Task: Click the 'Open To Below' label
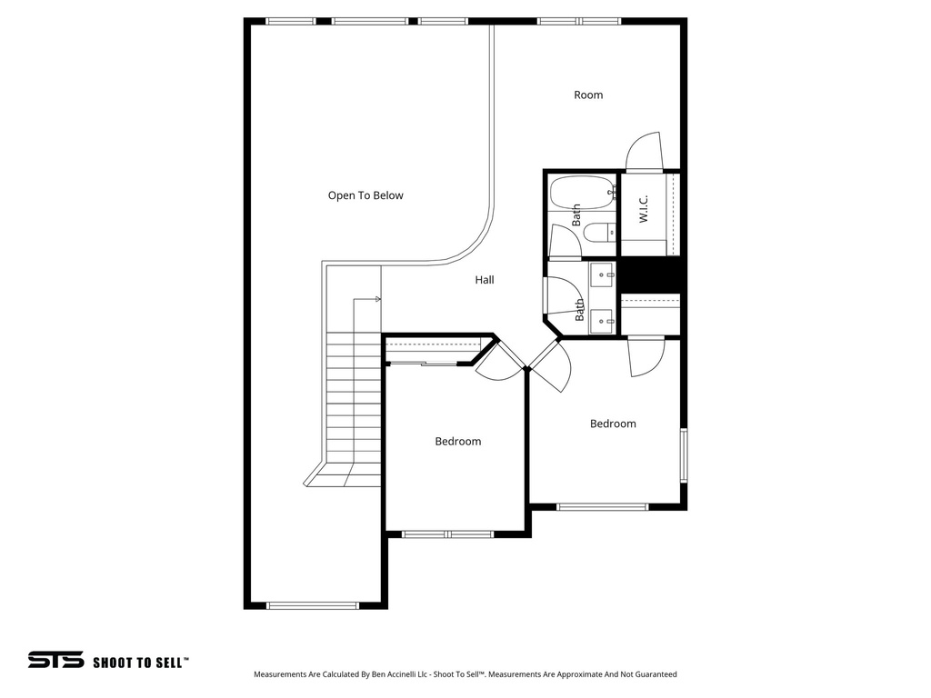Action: (365, 195)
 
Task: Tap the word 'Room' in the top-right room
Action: (588, 95)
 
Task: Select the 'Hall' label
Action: (485, 280)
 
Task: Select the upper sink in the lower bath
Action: (603, 274)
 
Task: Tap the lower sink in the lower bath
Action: (603, 319)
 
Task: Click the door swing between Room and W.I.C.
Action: (645, 152)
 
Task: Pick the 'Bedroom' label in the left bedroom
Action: (457, 442)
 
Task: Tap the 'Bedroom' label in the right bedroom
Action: (613, 424)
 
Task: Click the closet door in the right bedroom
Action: (646, 357)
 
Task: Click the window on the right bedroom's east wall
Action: (684, 454)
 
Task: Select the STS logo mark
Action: (55, 661)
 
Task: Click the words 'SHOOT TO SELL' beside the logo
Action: (140, 663)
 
